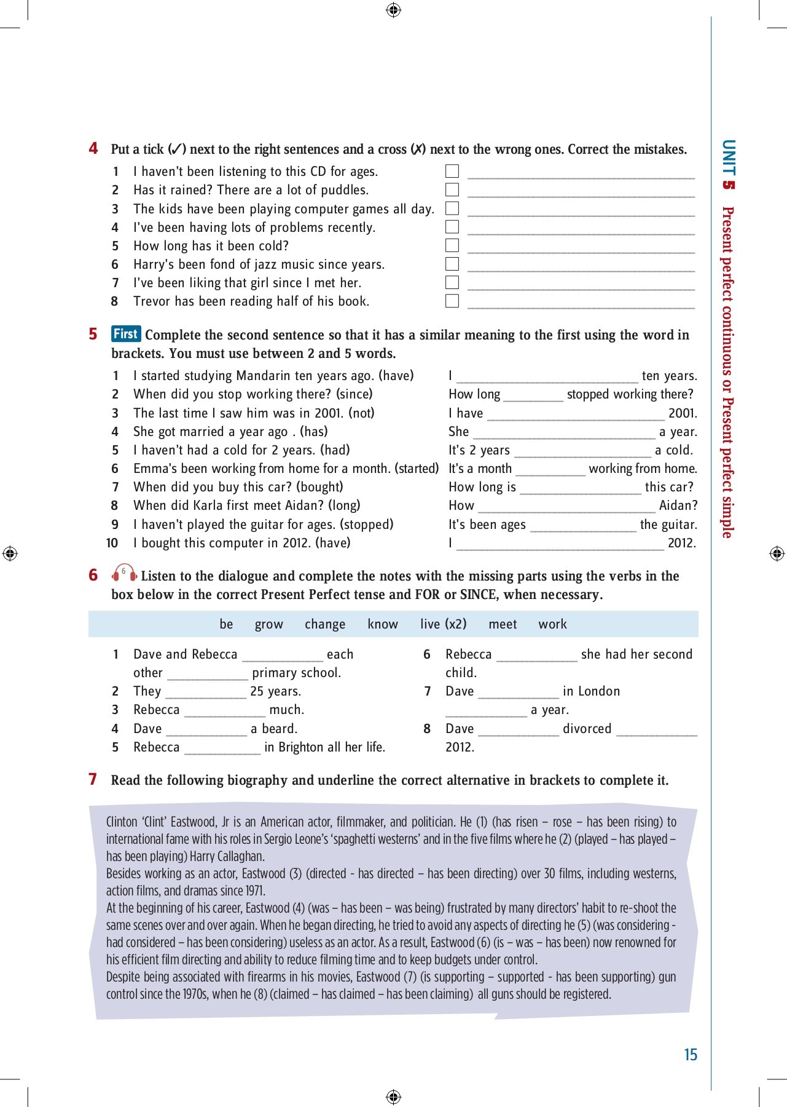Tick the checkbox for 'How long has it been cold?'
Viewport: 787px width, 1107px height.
coord(452,245)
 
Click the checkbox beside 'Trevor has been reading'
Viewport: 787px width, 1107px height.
coord(452,301)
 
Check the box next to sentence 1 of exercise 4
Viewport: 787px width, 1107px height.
coord(452,171)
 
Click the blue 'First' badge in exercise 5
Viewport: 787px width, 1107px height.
coord(126,334)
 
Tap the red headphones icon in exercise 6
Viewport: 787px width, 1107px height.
coord(124,574)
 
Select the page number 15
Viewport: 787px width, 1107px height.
coord(691,1055)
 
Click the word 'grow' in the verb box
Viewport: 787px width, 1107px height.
coord(269,624)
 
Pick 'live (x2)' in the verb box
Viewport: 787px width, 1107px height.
coord(444,624)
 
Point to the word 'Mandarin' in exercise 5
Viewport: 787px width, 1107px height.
coord(264,376)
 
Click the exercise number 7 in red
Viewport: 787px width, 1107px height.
coord(93,779)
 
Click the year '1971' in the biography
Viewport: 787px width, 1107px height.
coord(254,891)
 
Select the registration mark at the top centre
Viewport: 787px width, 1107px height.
coord(394,10)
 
